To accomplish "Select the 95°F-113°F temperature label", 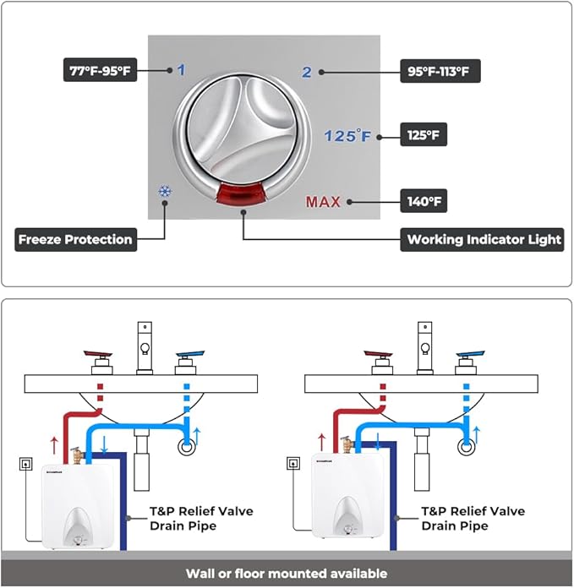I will pyautogui.click(x=440, y=71).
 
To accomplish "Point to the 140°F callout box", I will pyautogui.click(x=424, y=202).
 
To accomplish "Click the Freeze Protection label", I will pyautogui.click(x=75, y=239).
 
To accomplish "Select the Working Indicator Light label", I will pyautogui.click(x=484, y=239).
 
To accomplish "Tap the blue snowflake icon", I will pyautogui.click(x=164, y=192).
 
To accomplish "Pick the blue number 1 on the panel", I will pyautogui.click(x=181, y=70).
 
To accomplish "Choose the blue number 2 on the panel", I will pyautogui.click(x=307, y=72).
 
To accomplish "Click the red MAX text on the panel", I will pyautogui.click(x=323, y=202).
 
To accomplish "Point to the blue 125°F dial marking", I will pyautogui.click(x=348, y=135).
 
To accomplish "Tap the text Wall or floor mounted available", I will pyautogui.click(x=287, y=574).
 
